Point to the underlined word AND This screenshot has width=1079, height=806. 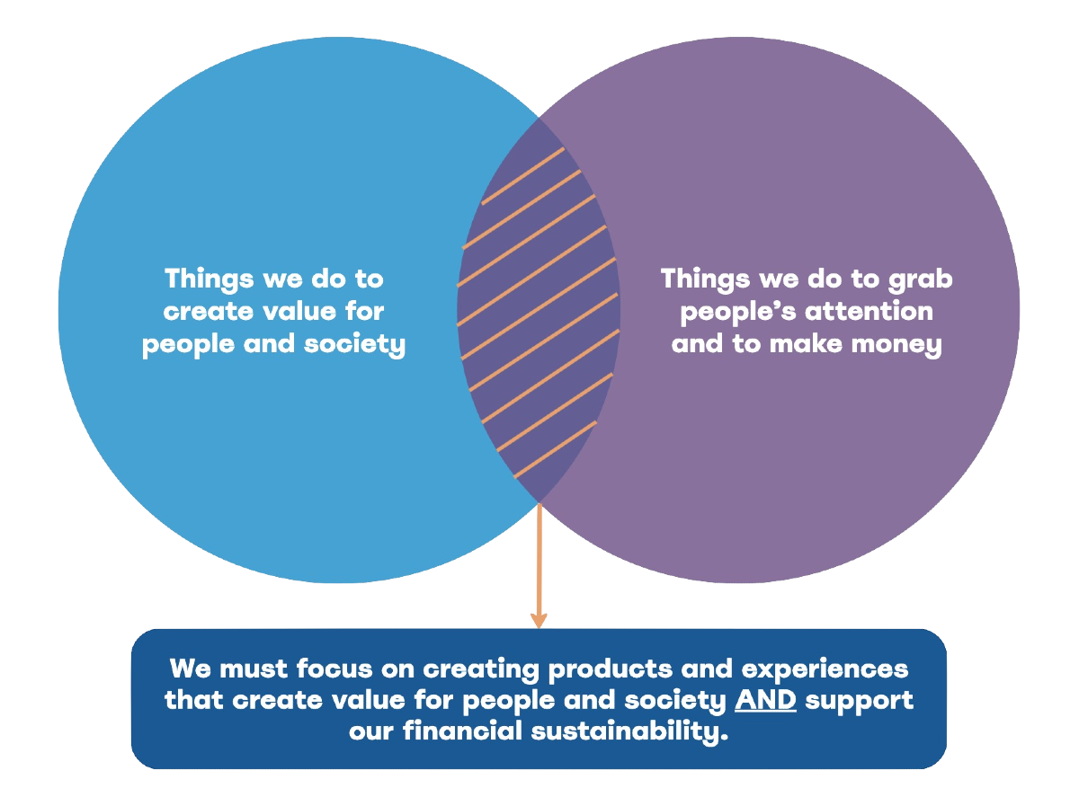[x=765, y=699]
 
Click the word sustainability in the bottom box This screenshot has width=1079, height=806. [x=629, y=731]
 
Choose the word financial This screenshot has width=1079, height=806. [x=462, y=731]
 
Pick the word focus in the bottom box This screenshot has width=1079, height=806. [x=334, y=669]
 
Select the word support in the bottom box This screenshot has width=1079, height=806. [x=860, y=701]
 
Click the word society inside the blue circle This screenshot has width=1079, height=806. [x=355, y=345]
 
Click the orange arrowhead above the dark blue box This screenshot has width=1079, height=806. [x=539, y=620]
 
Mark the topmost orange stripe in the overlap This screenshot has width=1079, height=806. [x=523, y=176]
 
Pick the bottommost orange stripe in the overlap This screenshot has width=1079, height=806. [x=556, y=449]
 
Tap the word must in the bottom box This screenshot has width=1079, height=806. [x=254, y=669]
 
